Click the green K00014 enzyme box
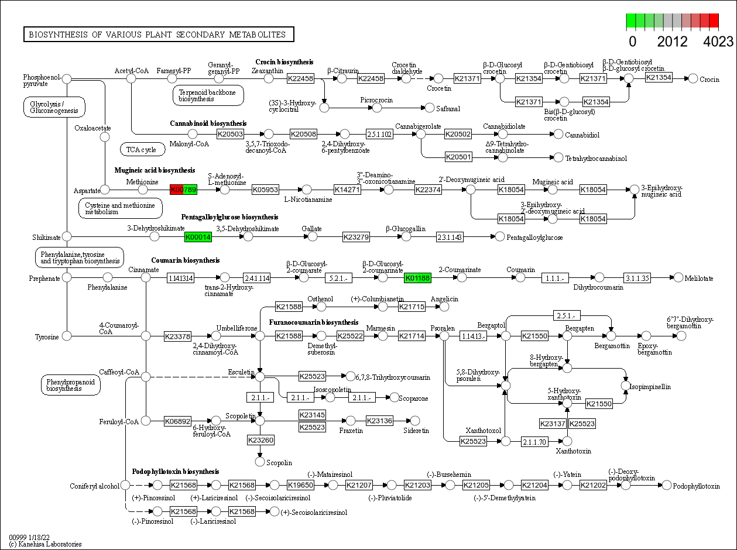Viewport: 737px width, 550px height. [x=198, y=237]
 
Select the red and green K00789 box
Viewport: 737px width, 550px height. [x=183, y=190]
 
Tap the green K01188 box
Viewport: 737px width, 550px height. [x=417, y=278]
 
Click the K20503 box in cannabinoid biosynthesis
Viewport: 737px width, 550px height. [x=230, y=135]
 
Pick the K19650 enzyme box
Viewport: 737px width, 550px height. [x=300, y=485]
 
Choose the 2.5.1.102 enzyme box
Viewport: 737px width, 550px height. [x=379, y=135]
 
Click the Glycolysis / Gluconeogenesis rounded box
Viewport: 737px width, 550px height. [x=54, y=106]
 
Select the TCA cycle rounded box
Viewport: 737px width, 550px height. [x=142, y=150]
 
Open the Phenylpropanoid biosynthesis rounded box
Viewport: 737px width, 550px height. [x=70, y=384]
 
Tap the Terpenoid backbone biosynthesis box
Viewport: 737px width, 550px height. [x=208, y=95]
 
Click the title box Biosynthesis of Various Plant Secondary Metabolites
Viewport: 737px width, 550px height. [x=158, y=35]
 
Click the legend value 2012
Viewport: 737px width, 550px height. [x=672, y=42]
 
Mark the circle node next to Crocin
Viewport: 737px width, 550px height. [x=693, y=78]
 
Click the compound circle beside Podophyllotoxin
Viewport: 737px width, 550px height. [x=666, y=485]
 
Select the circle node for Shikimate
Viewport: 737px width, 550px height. [x=67, y=236]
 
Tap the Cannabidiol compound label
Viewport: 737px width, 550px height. [x=582, y=135]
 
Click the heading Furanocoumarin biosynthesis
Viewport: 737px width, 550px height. [x=313, y=322]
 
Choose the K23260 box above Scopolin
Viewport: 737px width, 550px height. [x=260, y=440]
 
